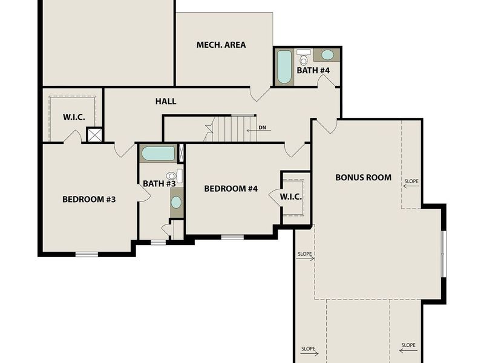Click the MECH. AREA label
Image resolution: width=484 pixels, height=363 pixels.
click(x=221, y=45)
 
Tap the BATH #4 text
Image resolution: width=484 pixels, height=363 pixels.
click(x=313, y=71)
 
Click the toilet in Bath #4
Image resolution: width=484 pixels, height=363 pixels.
click(x=304, y=58)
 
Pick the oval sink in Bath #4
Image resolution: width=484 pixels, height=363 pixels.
click(x=327, y=55)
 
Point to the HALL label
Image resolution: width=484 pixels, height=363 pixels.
click(x=166, y=102)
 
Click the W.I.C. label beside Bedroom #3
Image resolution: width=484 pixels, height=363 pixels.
click(x=74, y=117)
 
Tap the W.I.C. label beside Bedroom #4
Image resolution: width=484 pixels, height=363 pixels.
click(x=290, y=197)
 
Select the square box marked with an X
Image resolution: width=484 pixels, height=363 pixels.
click(x=94, y=134)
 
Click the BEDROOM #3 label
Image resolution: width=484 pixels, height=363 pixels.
click(x=89, y=199)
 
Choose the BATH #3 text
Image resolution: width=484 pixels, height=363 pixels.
click(x=159, y=183)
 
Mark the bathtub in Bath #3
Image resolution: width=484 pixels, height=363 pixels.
click(x=158, y=153)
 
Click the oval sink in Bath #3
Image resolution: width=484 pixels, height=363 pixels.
click(x=176, y=201)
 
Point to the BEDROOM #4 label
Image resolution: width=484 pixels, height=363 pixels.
click(x=231, y=189)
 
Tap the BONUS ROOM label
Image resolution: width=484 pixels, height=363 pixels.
click(x=363, y=178)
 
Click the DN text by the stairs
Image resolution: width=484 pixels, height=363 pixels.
click(x=262, y=128)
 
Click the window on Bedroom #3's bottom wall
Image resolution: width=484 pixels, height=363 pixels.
click(x=87, y=254)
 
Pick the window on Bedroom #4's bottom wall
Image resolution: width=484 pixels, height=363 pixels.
click(x=232, y=237)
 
